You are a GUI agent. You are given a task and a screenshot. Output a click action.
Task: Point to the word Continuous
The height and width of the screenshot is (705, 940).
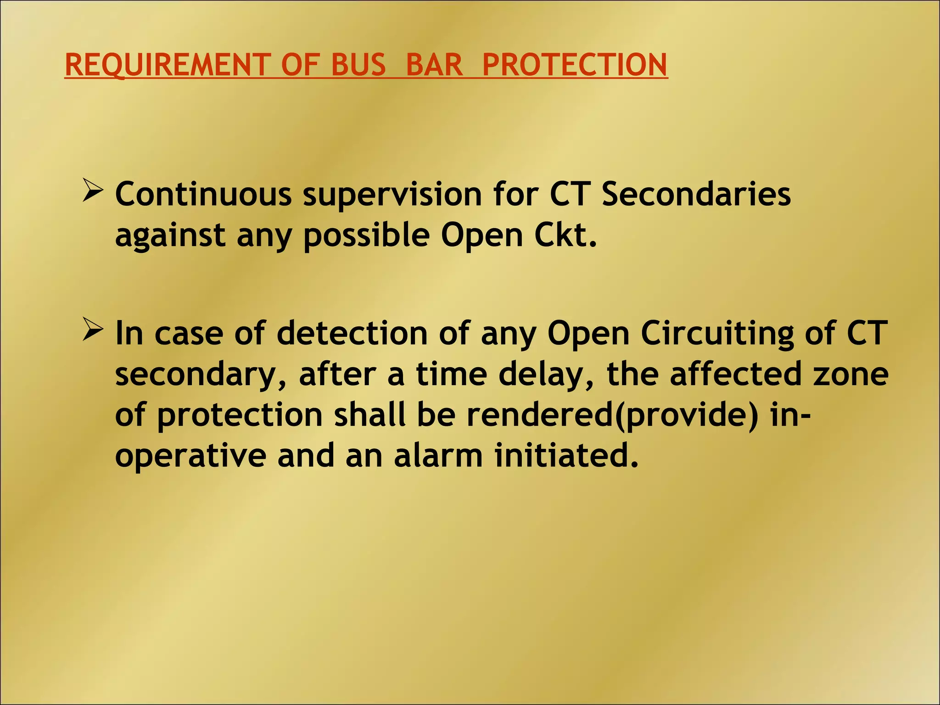point(203,194)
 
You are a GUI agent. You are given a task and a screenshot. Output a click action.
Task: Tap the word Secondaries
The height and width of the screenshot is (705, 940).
point(696,194)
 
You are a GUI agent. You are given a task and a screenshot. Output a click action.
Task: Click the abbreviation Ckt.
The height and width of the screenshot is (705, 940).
point(565,235)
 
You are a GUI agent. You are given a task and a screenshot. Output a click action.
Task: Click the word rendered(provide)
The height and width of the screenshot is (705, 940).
point(612,416)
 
